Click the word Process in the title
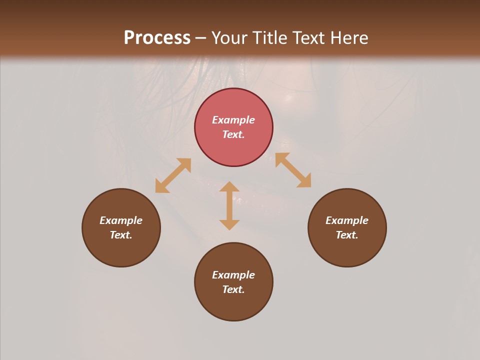(157, 38)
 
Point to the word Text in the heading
(308, 38)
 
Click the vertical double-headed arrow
(229, 205)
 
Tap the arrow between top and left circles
(173, 175)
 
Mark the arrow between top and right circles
(293, 170)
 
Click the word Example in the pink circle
(233, 120)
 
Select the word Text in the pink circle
(233, 134)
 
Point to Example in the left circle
(121, 220)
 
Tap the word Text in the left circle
(121, 235)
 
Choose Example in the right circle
(347, 220)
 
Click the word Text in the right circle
(347, 235)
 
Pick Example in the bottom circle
(233, 275)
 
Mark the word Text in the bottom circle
(233, 289)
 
